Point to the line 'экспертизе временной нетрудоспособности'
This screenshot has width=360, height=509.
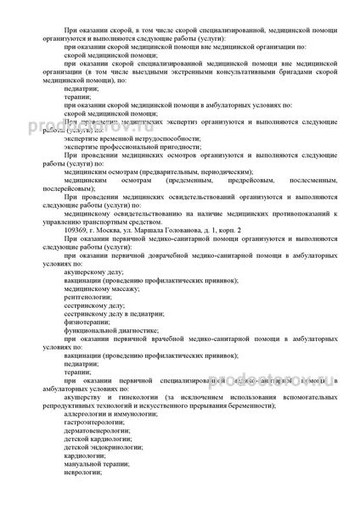pyautogui.click(x=119, y=144)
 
